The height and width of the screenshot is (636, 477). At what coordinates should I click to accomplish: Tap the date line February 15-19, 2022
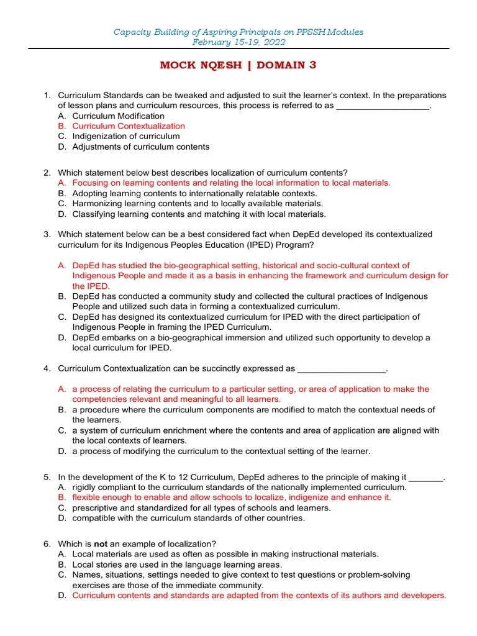click(238, 42)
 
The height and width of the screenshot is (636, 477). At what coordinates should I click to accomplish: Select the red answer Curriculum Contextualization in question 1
click(129, 126)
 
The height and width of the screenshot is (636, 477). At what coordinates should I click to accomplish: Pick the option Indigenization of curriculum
click(126, 136)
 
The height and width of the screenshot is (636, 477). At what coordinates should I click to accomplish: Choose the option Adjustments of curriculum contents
click(141, 147)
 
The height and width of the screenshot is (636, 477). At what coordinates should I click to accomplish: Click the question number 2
click(47, 173)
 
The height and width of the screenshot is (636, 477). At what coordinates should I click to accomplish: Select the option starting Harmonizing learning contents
click(198, 203)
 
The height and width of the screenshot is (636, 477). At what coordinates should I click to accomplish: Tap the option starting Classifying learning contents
click(199, 214)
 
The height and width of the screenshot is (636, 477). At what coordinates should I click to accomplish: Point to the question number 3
click(47, 234)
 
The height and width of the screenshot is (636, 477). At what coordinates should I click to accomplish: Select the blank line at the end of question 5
click(426, 477)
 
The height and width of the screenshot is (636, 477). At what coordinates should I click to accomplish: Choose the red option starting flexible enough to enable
click(232, 497)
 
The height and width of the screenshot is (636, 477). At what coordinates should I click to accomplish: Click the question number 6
click(47, 543)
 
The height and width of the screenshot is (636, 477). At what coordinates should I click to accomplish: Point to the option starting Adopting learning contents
click(194, 193)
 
